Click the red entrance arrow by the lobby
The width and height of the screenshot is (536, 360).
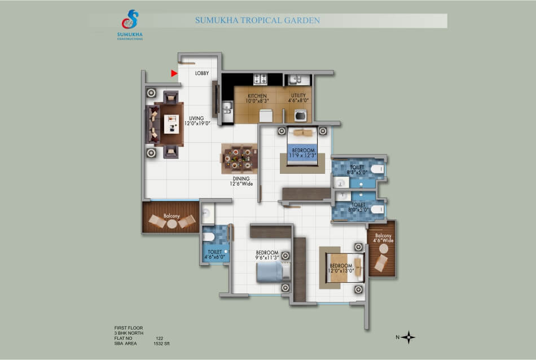point(174,73)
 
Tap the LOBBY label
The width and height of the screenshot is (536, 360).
point(201,73)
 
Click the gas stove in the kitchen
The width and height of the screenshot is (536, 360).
point(260,79)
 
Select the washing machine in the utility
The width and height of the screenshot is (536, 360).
point(301,115)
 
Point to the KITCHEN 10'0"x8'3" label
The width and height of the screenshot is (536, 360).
point(257,98)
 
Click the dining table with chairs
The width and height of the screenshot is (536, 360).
point(239,159)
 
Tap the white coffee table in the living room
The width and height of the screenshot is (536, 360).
point(172,124)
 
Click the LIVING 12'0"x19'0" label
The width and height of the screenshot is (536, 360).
point(197,121)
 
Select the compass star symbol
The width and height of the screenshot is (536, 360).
point(408,337)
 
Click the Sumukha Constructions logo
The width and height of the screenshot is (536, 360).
point(130,25)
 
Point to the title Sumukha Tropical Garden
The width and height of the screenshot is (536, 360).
point(257,20)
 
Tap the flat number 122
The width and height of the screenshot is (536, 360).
point(159,339)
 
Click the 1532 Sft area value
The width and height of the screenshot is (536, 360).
point(161,344)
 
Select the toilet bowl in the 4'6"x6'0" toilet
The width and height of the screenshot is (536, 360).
point(209,237)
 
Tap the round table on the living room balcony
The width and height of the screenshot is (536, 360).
point(172,224)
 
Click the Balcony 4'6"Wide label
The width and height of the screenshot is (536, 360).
point(383,238)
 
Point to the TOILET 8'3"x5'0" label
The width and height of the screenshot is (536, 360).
point(357,170)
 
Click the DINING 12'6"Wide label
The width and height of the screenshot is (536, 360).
point(241,181)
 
